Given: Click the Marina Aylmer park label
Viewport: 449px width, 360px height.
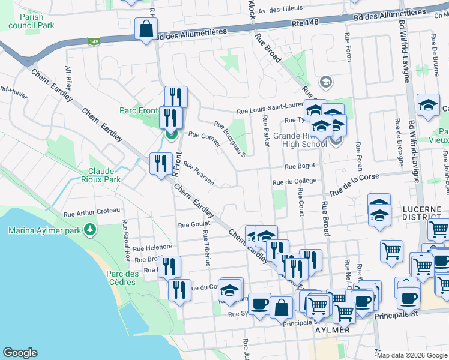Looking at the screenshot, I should tap(45, 230).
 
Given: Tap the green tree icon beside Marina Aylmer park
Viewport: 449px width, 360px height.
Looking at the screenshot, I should tap(90, 229).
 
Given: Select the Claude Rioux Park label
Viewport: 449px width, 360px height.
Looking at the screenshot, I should tap(105, 175).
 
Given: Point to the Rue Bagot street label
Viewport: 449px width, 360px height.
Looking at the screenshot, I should tap(300, 166).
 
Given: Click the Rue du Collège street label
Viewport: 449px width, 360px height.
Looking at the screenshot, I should tap(294, 181).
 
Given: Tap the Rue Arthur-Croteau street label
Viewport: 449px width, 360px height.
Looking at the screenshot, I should tap(91, 211).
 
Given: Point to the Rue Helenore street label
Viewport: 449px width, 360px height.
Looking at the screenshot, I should tap(152, 247).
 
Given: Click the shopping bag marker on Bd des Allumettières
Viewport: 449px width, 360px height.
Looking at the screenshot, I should tap(146, 29).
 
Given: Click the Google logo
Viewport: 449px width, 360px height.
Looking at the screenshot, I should tap(20, 353).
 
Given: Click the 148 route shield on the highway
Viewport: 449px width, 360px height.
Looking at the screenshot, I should tap(93, 41).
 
